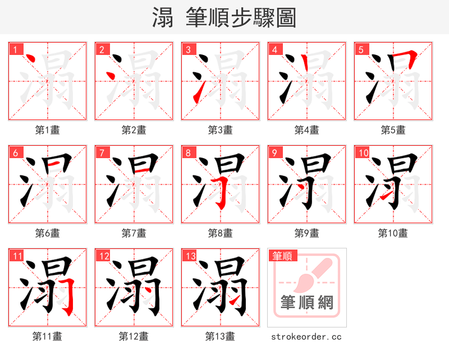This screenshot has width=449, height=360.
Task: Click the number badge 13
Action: [x=190, y=256]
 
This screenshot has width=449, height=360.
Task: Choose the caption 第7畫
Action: [x=134, y=233]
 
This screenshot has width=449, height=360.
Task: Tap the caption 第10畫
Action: [x=393, y=233]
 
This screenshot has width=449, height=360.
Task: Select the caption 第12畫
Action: [x=134, y=336]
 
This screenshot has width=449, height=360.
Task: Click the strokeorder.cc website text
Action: [x=306, y=337]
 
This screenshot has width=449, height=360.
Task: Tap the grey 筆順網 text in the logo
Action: [x=307, y=303]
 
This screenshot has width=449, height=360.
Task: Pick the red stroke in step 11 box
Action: [x=70, y=294]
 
